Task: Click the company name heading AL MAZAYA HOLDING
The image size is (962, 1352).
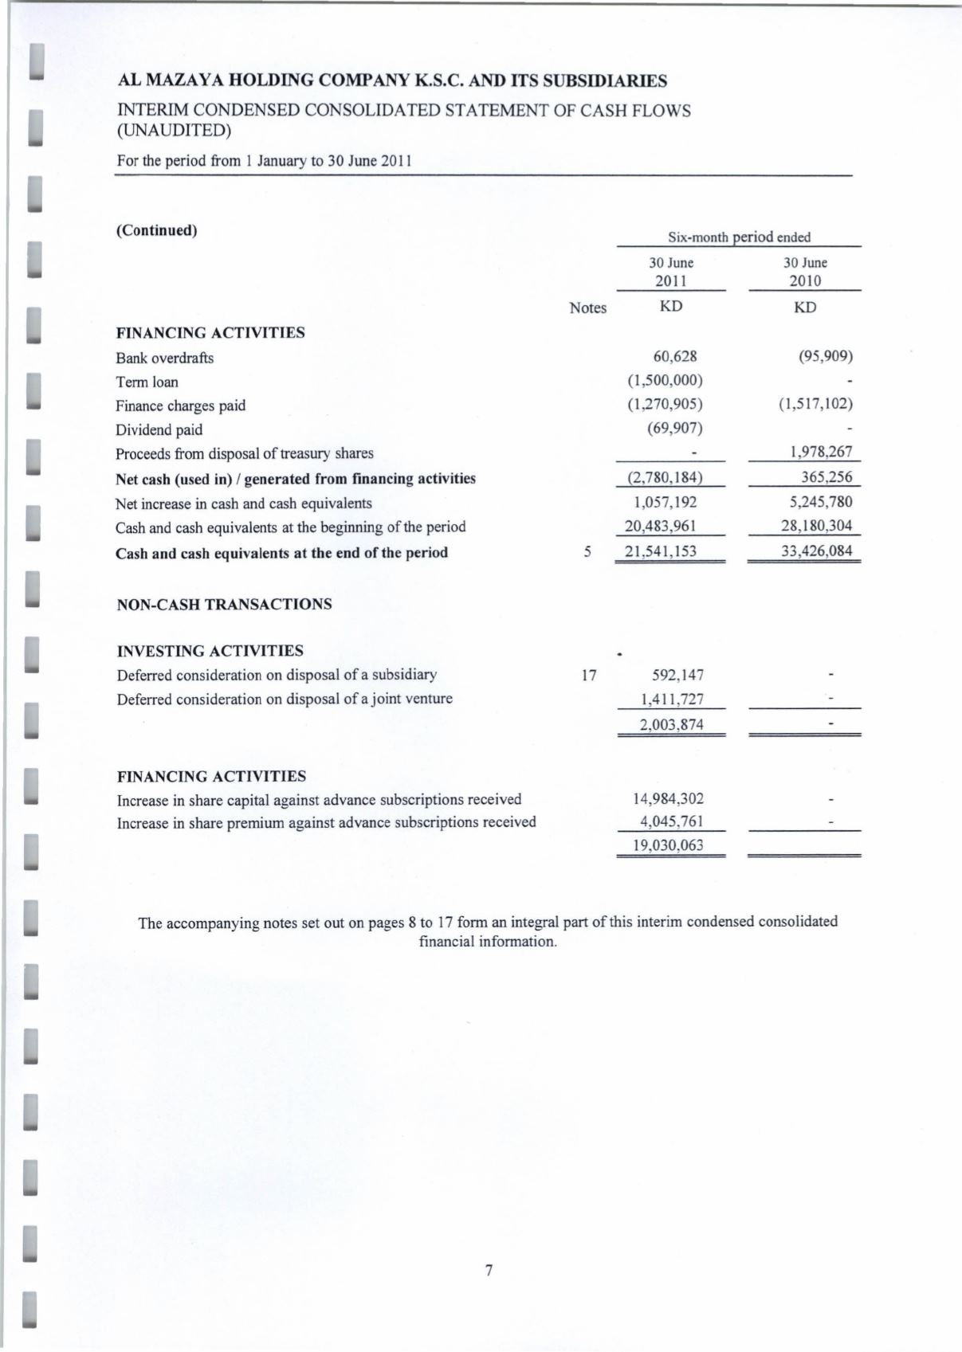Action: point(392,80)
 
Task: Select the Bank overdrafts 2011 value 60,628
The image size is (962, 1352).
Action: point(674,357)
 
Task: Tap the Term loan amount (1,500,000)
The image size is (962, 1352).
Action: point(665,381)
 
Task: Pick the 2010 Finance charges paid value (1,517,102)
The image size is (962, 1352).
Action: point(815,405)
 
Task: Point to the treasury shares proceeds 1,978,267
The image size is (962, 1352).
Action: point(821,453)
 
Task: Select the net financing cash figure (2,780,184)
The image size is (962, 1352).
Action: point(664,478)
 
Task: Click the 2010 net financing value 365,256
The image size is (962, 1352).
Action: point(827,477)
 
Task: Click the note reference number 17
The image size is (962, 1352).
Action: point(589,676)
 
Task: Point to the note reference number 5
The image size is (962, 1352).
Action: point(587,552)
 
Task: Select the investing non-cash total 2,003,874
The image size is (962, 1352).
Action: point(671,724)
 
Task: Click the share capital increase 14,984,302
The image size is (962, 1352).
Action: point(668,798)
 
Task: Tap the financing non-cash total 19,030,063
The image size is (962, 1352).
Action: point(668,845)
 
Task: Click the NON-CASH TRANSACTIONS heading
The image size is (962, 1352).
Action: point(224,604)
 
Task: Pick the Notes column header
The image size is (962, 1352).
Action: point(587,308)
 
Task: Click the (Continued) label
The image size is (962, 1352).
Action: point(156,231)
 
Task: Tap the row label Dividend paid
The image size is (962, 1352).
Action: point(159,429)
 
